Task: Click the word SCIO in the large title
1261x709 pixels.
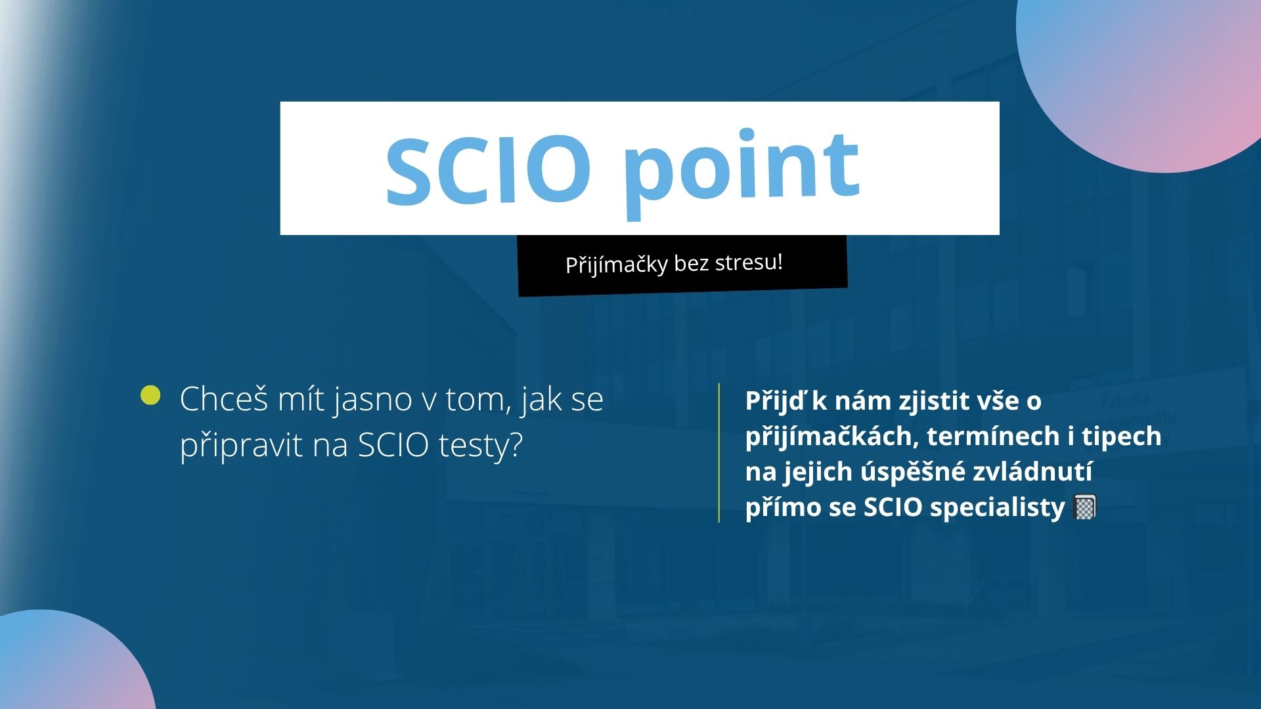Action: pos(488,169)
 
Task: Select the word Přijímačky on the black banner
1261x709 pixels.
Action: pos(616,265)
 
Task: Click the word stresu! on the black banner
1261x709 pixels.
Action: pos(749,262)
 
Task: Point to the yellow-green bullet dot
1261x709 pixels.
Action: pos(150,395)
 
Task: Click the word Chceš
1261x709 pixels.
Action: pos(223,399)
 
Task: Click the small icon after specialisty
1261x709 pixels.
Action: pos(1084,507)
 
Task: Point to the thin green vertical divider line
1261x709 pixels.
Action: pos(719,453)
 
